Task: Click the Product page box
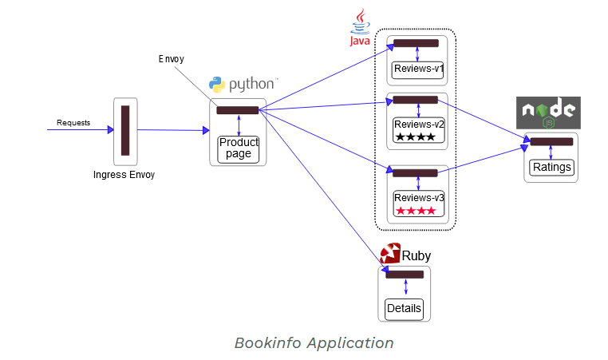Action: point(239,148)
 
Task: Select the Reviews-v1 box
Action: point(418,69)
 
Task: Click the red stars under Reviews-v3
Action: point(416,211)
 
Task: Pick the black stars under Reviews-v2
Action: point(416,137)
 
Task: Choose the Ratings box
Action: point(551,168)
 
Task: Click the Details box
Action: point(403,308)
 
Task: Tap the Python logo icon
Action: point(217,85)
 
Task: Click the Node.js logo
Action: point(549,113)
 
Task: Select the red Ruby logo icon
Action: point(389,255)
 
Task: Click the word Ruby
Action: point(416,256)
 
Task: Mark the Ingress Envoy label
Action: point(124,174)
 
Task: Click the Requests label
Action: point(73,123)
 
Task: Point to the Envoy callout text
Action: point(172,59)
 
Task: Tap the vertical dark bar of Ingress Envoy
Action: point(125,130)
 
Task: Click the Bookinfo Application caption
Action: point(314,343)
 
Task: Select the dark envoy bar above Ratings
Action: point(551,142)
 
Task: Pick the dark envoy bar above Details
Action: point(405,275)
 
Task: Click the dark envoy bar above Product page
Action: point(238,110)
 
